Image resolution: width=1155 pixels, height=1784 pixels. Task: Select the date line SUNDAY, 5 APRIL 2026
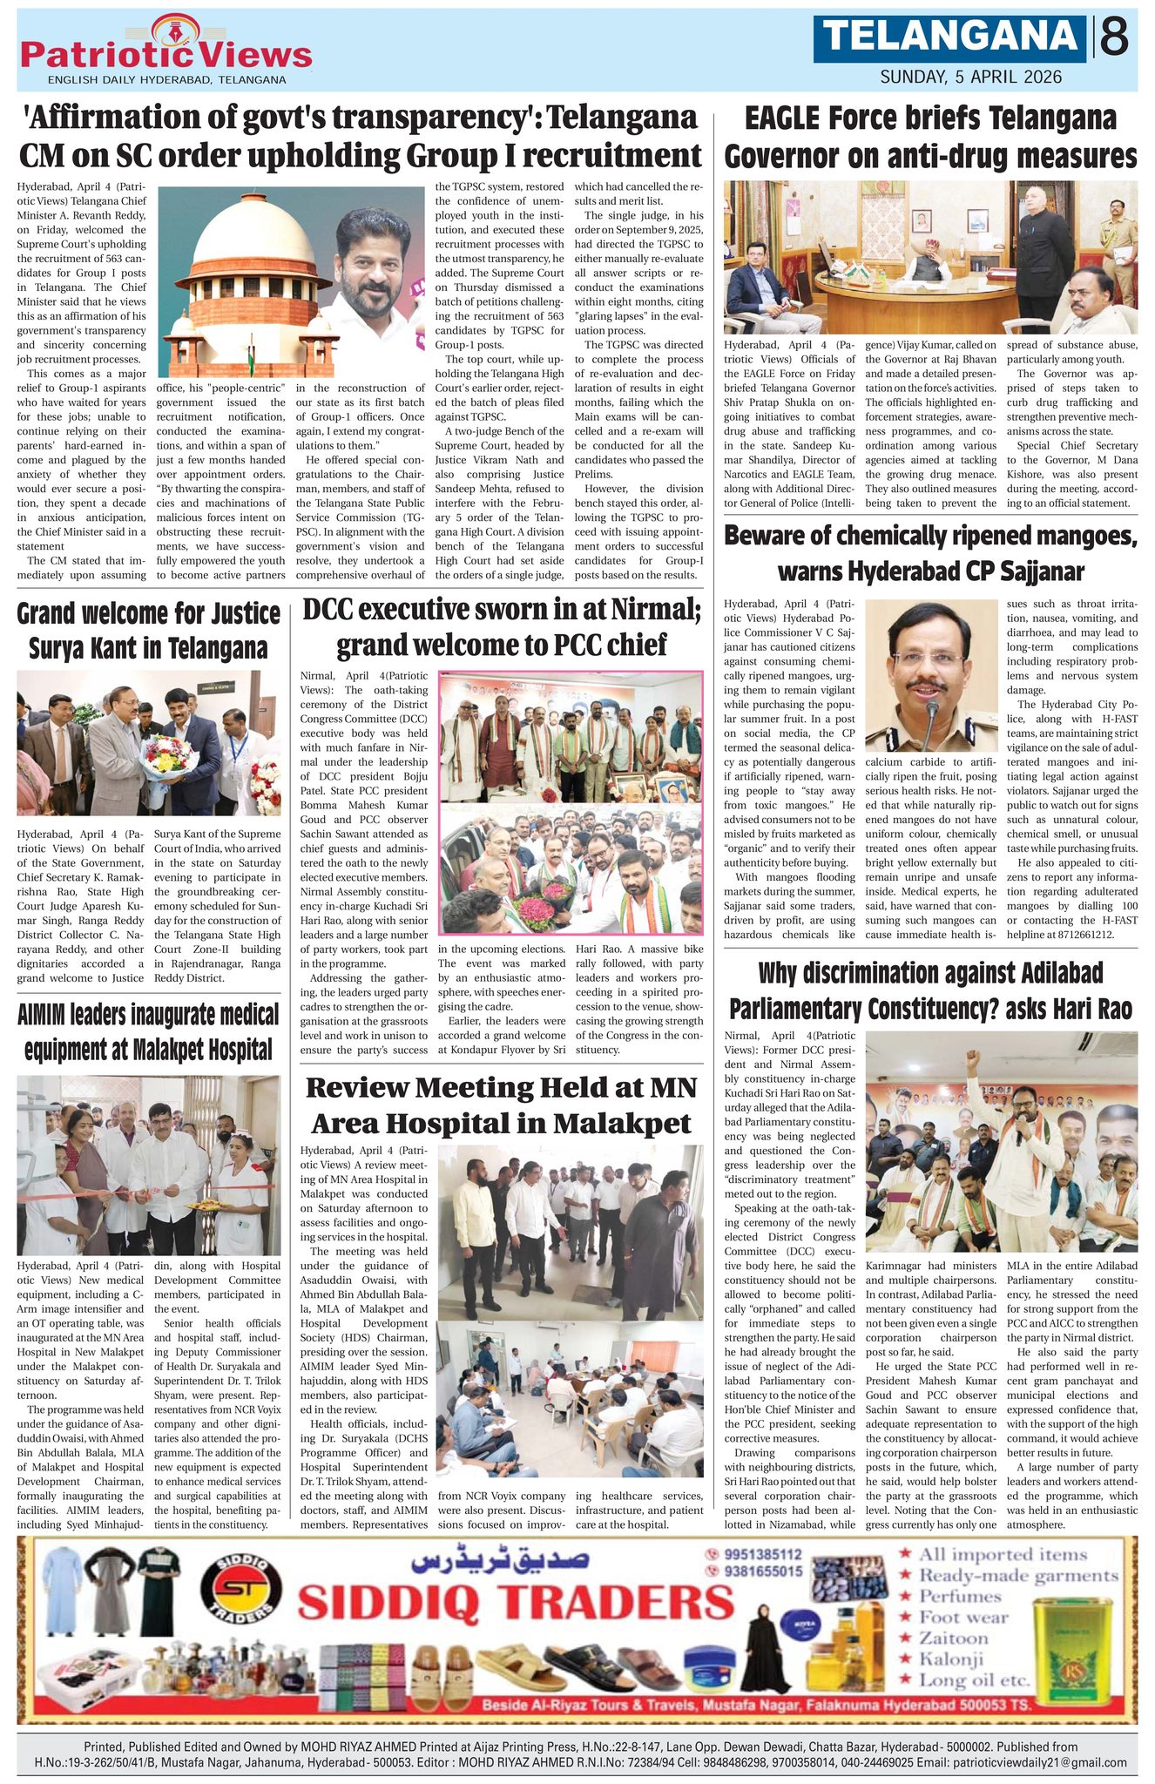(x=971, y=77)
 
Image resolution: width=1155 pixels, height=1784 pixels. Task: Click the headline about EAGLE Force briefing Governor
(x=930, y=138)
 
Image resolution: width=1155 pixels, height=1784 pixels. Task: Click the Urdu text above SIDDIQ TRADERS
(x=504, y=1557)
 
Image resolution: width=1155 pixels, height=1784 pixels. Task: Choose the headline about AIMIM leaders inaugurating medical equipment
(x=149, y=1031)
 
